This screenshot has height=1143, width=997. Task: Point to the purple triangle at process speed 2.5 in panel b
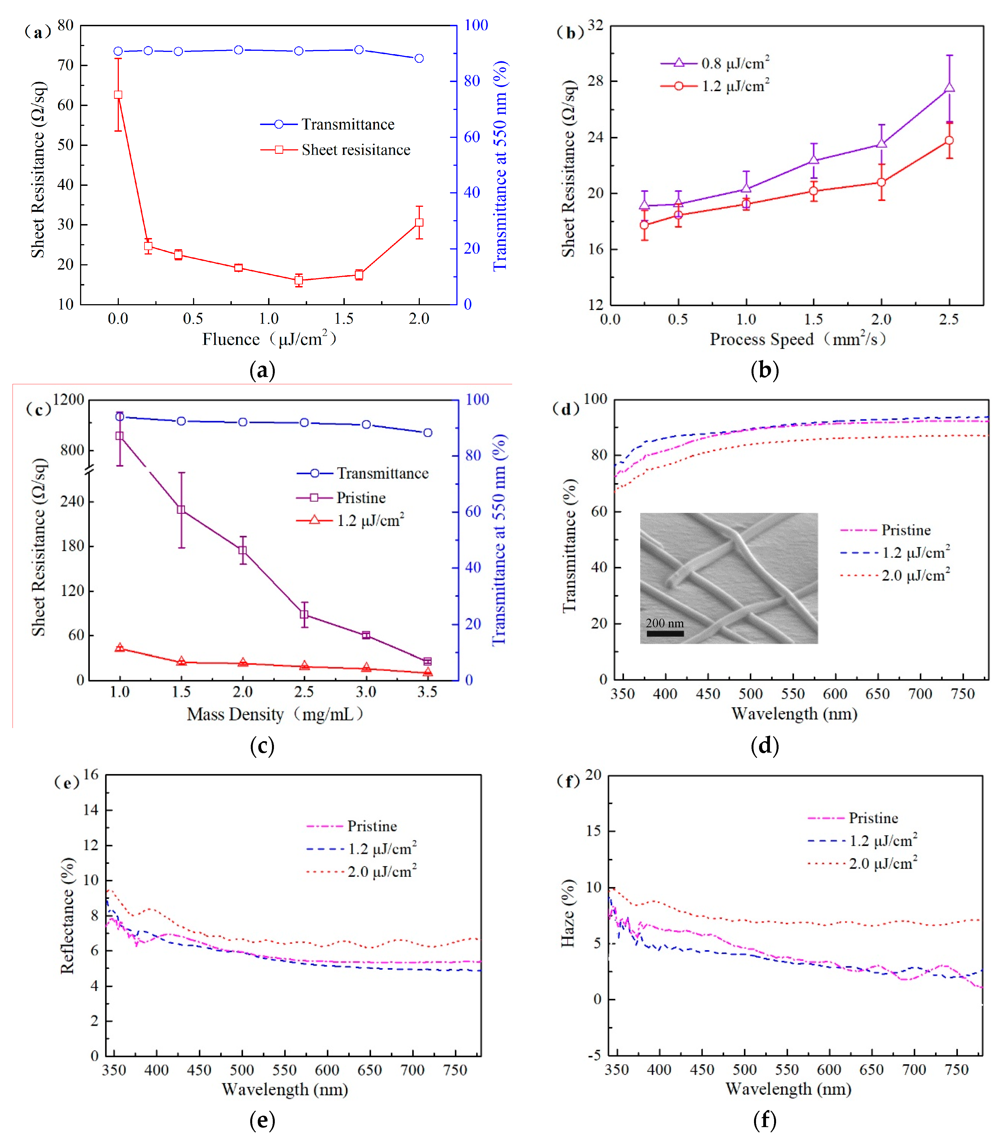(949, 87)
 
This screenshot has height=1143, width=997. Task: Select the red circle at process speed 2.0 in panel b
(881, 182)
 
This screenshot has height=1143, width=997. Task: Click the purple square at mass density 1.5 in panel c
(181, 510)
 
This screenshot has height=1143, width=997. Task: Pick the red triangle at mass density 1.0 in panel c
(120, 647)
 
